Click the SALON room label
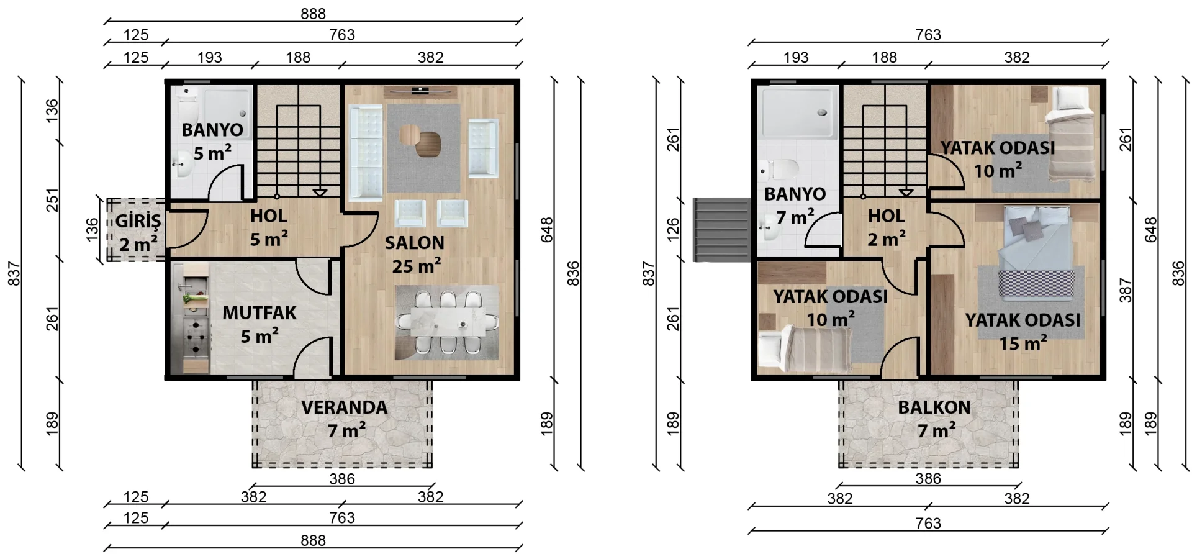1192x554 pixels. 414,243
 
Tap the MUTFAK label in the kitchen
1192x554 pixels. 260,312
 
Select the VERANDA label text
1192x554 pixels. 345,407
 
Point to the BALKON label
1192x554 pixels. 934,407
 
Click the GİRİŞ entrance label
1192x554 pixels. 138,221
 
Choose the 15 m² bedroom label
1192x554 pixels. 1023,332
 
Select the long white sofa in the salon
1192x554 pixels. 366,153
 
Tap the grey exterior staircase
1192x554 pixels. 722,229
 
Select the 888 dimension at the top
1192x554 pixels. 313,14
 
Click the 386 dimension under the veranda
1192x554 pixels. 342,479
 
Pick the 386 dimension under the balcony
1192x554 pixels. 928,478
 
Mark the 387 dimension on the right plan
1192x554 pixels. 1126,290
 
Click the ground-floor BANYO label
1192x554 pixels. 212,130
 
